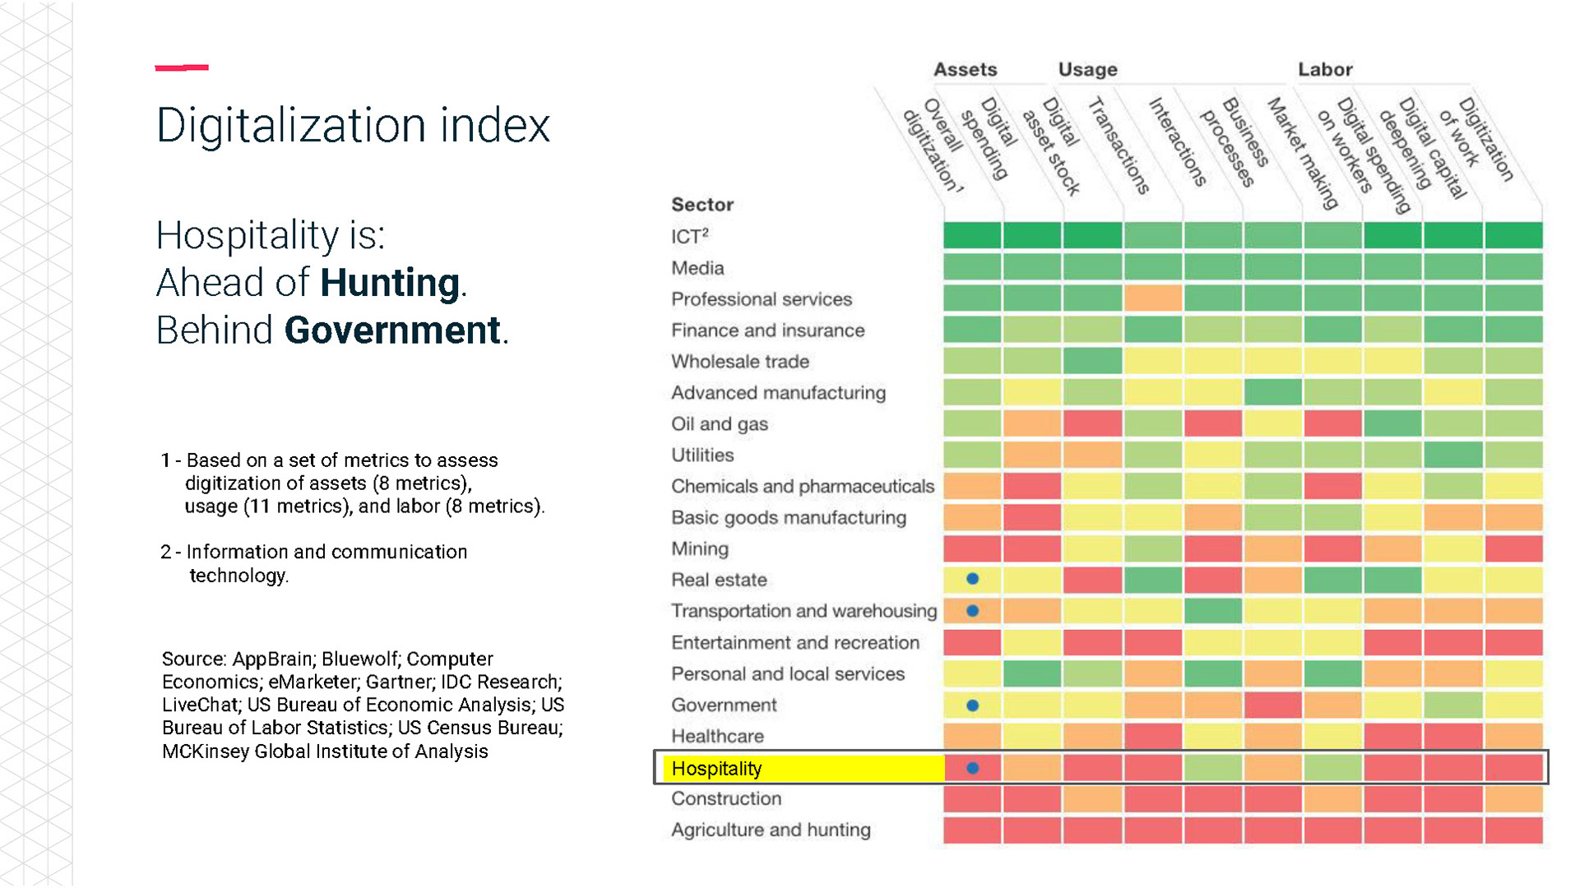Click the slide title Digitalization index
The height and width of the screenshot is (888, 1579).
coord(353,126)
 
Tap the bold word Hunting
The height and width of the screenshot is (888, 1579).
coord(389,283)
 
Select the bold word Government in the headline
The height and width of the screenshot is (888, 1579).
coord(392,331)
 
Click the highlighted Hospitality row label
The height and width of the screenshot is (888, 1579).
coord(716,768)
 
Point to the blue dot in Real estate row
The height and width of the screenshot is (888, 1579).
coord(972,579)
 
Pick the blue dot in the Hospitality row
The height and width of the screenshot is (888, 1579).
coord(972,768)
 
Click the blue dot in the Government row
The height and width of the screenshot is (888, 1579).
coord(972,705)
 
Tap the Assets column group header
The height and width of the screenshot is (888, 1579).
coord(965,70)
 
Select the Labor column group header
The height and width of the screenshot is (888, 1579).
coord(1325,70)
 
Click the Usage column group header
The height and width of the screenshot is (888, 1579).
coord(1087,70)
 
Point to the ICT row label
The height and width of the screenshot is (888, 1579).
coord(689,237)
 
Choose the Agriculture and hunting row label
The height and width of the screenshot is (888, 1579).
coord(771,830)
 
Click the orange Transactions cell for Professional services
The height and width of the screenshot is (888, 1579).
coord(1153,298)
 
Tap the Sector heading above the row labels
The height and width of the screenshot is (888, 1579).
coord(702,205)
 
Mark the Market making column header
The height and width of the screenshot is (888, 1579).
coord(1303,152)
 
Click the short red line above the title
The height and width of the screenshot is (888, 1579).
coord(182,67)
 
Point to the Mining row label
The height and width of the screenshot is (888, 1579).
coord(699,548)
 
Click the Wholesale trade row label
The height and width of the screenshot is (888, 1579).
coord(739,362)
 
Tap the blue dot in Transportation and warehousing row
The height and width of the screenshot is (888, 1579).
coord(972,611)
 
